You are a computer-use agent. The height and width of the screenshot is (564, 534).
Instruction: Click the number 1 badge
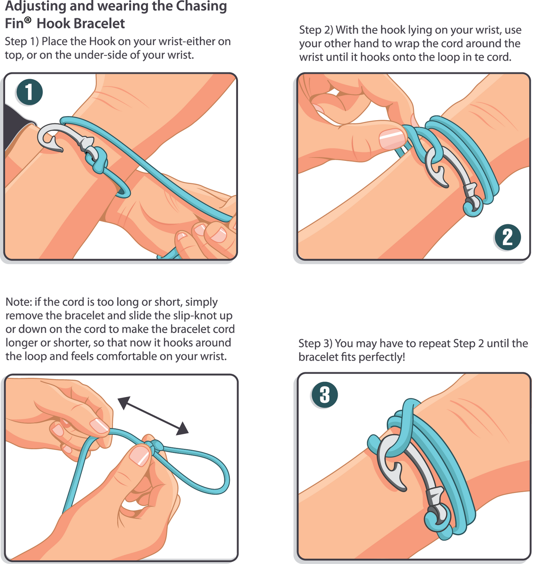tap(29, 92)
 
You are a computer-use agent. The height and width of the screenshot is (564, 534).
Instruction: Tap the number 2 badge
tap(507, 237)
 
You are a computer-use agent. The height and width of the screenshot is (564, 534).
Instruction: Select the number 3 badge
tap(324, 395)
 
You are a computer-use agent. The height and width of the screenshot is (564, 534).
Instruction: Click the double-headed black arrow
tap(153, 415)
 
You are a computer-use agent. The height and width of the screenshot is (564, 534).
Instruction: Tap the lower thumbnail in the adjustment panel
tap(139, 456)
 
